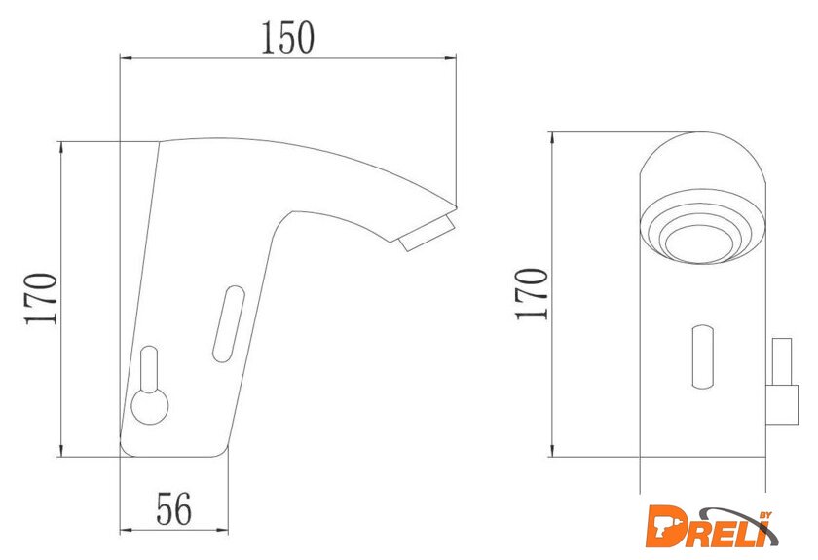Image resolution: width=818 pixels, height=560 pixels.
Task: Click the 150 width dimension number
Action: [x=287, y=38]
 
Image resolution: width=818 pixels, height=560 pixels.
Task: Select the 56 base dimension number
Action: [x=174, y=508]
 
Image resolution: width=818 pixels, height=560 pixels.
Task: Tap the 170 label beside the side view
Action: [x=41, y=299]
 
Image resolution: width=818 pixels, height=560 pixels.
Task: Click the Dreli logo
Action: [x=711, y=526]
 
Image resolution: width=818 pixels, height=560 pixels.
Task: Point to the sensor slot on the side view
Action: [x=229, y=323]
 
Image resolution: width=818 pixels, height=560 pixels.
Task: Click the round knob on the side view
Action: [x=150, y=406]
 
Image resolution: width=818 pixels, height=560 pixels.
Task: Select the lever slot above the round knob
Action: [x=149, y=368]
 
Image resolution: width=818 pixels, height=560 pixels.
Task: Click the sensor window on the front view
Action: [x=702, y=356]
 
